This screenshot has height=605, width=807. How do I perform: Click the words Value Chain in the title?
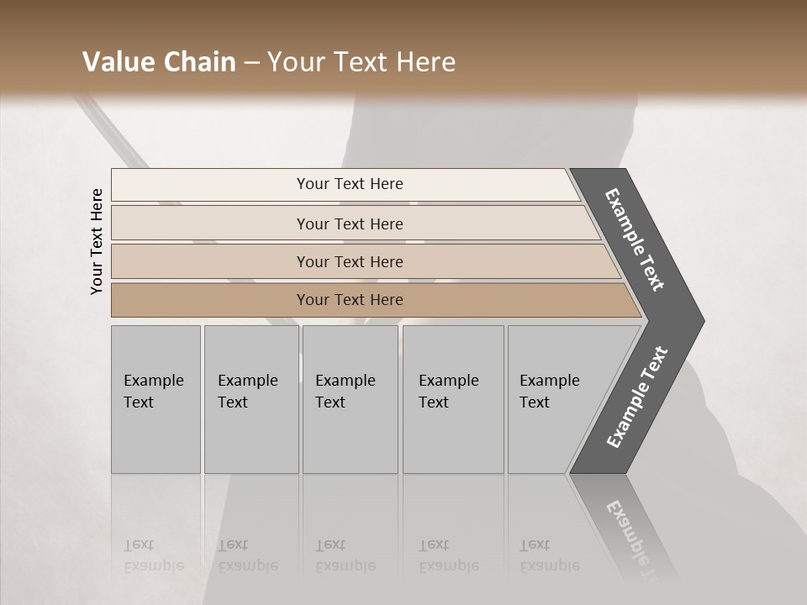(159, 62)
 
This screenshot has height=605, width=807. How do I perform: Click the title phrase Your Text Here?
(361, 62)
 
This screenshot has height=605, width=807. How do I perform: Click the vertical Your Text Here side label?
(97, 241)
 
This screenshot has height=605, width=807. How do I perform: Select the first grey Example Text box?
(156, 399)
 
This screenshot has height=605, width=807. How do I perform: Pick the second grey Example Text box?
(251, 399)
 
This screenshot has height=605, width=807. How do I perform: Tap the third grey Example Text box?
(350, 399)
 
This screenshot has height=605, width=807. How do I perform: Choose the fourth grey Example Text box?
(453, 399)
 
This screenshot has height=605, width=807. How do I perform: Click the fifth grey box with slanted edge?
(555, 399)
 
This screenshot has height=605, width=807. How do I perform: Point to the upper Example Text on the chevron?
(635, 239)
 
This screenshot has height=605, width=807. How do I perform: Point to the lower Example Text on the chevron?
(636, 397)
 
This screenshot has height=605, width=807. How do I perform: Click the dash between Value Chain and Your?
(251, 62)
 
